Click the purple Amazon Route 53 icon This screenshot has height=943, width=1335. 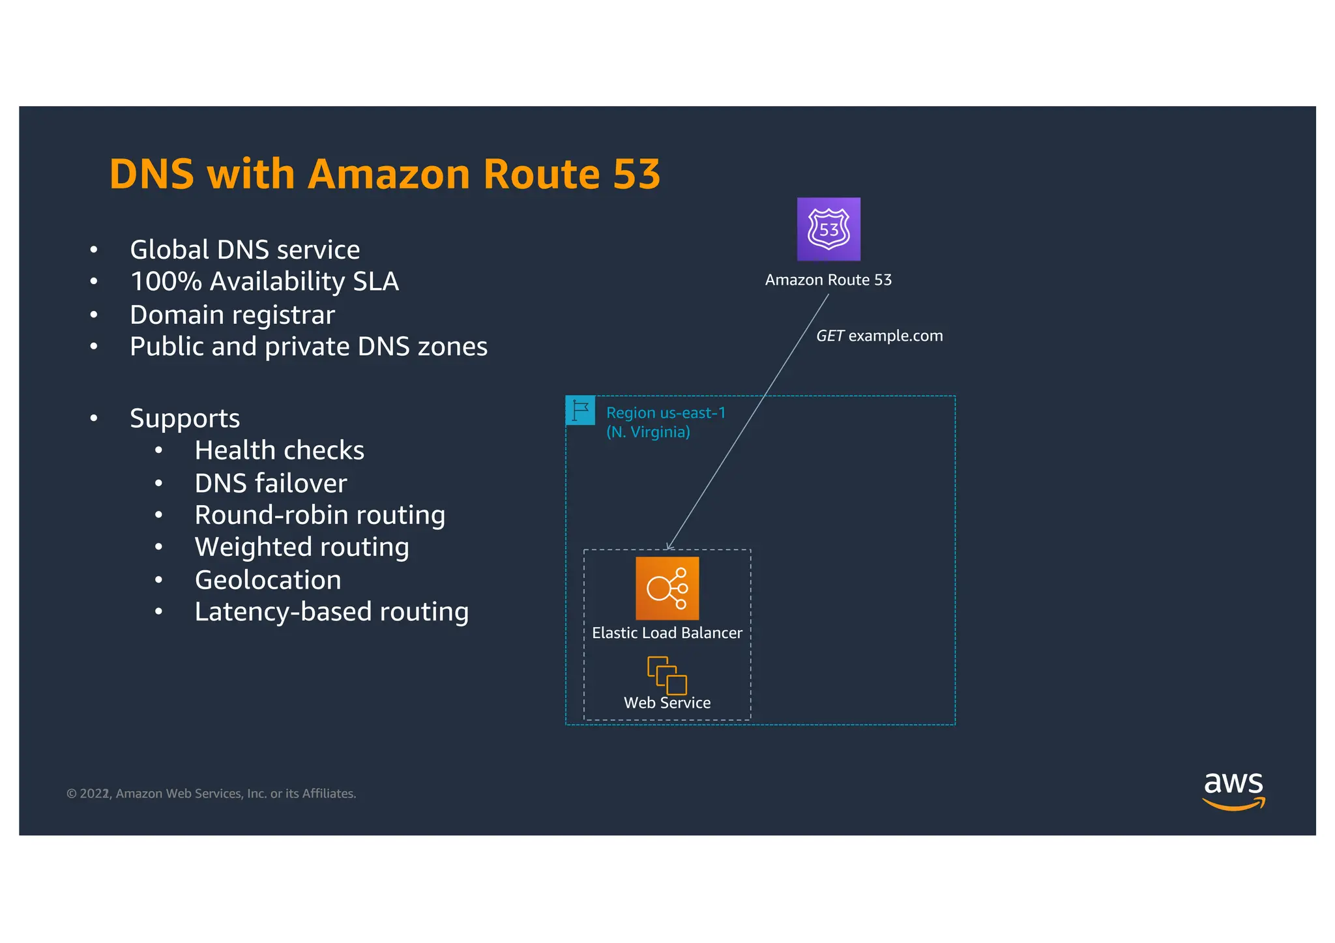pos(829,229)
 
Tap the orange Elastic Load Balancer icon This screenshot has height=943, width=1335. pos(667,588)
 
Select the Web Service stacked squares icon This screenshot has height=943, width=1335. pos(667,675)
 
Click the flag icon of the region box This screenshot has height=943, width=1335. pos(580,411)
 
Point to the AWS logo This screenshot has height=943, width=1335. pos(1233,791)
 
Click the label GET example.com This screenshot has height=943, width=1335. pos(879,336)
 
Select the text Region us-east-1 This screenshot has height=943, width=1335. pos(666,413)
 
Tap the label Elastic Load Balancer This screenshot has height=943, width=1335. pos(667,633)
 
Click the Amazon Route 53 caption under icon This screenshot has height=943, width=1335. pos(828,280)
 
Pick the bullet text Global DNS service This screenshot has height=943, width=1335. pos(244,250)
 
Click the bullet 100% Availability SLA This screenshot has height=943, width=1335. pos(264,282)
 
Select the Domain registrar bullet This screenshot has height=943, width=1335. pos(232,315)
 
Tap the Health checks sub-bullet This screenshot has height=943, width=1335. pos(279,450)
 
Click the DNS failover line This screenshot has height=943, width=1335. pos(271,484)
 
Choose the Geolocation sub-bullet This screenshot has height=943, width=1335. pos(268,580)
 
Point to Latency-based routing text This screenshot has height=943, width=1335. pos(331,612)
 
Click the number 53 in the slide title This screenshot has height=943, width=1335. pos(636,174)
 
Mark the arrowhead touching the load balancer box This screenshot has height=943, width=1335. pos(669,547)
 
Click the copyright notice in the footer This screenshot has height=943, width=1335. pos(211,794)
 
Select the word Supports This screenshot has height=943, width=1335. pos(184,418)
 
